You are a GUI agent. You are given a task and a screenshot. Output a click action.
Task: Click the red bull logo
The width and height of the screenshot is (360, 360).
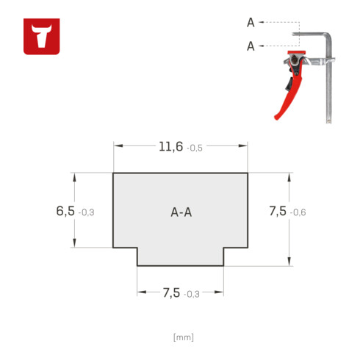(x=42, y=37)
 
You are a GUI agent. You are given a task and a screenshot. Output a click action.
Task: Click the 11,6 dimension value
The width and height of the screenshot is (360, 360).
(x=171, y=147)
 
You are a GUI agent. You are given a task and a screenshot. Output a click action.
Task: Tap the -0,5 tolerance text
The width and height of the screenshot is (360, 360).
(x=195, y=148)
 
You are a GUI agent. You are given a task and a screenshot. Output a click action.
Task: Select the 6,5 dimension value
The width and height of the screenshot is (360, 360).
(x=65, y=211)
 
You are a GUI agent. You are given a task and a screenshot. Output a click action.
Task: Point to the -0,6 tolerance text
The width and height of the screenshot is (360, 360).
(x=298, y=212)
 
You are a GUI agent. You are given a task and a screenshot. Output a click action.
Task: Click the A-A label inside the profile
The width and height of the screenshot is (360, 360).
(x=181, y=212)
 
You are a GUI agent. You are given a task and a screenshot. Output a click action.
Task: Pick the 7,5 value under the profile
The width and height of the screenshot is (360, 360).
(x=171, y=292)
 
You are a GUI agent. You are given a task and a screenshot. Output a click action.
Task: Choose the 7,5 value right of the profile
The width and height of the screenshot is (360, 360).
(x=278, y=211)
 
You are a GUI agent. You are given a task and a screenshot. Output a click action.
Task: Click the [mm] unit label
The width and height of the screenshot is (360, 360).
(x=184, y=337)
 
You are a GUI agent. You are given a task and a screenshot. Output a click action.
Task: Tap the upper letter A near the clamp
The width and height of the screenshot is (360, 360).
(x=251, y=23)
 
